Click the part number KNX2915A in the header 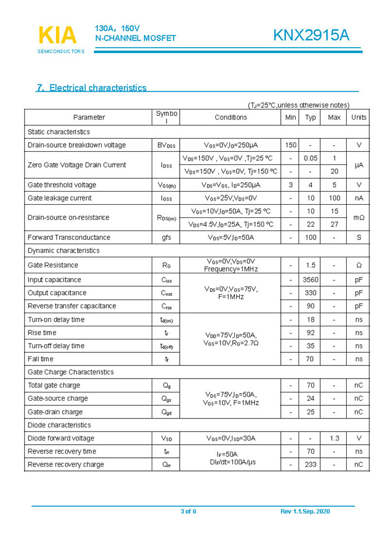coord(311,36)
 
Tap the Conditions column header coord(231,117)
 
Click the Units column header coord(359,117)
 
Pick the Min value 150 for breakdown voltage coord(290,145)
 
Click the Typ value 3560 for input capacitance coord(310,280)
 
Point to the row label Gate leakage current coord(59,198)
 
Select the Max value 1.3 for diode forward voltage coord(334,438)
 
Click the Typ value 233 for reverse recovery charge coord(310,464)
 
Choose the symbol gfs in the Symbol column coord(167,238)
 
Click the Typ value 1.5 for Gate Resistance coord(310,265)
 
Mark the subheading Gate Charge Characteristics coord(70,372)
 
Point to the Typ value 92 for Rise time coord(310,333)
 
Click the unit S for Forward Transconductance coord(359,238)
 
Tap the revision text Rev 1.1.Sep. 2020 coord(305,511)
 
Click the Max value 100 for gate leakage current coord(334,198)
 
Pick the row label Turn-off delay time coord(56,346)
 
